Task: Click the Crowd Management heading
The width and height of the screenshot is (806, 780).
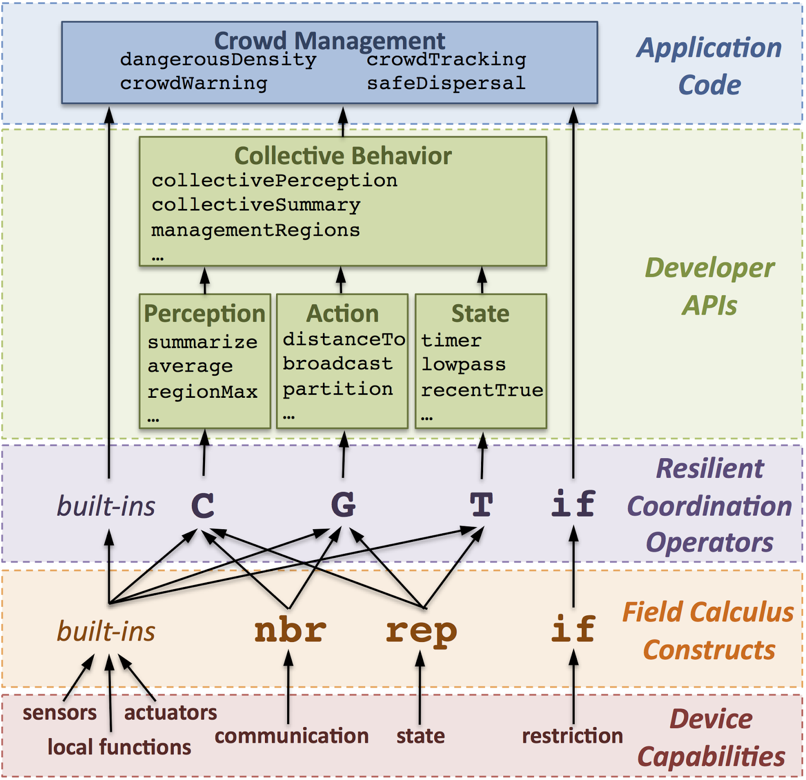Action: click(x=329, y=40)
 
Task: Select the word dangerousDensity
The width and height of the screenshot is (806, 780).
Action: click(x=218, y=60)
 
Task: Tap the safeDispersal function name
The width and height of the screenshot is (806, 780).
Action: click(x=446, y=83)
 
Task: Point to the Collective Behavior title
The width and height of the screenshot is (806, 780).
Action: click(x=343, y=156)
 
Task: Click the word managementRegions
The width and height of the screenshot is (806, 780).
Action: click(x=255, y=230)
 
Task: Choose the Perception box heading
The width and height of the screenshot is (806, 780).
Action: click(x=205, y=314)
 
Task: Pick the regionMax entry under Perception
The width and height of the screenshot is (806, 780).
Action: click(x=203, y=392)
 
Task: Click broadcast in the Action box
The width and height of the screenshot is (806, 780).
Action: click(x=338, y=364)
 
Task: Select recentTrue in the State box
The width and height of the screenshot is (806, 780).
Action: click(x=482, y=390)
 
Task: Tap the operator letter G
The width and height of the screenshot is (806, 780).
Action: click(x=343, y=505)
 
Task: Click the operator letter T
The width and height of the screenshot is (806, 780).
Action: click(x=481, y=505)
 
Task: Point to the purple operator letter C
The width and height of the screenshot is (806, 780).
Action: click(x=203, y=505)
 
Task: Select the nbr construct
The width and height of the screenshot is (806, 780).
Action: click(x=290, y=630)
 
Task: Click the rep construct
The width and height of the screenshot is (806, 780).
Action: click(x=421, y=631)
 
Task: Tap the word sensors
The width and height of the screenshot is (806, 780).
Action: click(x=59, y=713)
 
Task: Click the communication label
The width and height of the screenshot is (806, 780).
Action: click(x=291, y=736)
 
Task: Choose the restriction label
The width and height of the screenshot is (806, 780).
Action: click(x=572, y=736)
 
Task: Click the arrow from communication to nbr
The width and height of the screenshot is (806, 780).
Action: click(x=288, y=687)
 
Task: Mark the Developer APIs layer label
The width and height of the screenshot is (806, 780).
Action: click(x=709, y=287)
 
